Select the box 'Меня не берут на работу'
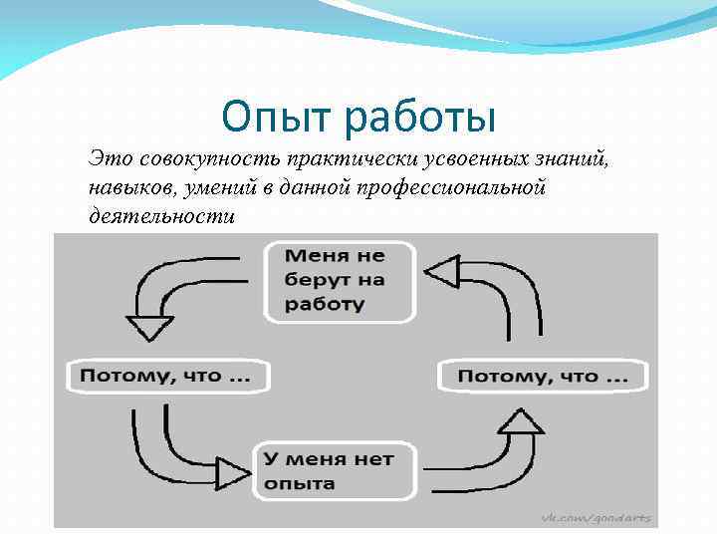[x=339, y=280]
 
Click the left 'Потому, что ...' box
[x=166, y=376]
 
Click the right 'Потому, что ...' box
[x=543, y=376]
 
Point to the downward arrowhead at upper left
[x=150, y=328]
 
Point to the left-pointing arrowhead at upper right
[x=441, y=270]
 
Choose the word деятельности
[x=161, y=215]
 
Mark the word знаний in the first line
[x=578, y=159]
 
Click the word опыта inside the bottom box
[x=299, y=483]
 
